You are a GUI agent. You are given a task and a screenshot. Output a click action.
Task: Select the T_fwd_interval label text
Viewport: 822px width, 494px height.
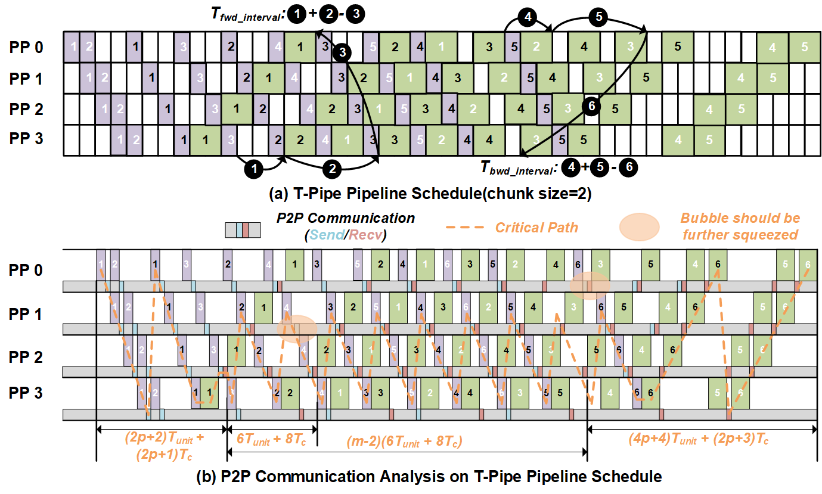coord(244,17)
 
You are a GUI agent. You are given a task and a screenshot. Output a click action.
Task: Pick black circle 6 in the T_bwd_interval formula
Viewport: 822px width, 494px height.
coord(628,169)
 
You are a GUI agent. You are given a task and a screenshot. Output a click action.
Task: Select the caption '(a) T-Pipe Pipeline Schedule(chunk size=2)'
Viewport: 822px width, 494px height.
coord(411,194)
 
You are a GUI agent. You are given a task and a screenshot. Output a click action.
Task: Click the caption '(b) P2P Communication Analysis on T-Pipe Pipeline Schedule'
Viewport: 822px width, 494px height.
coord(411,477)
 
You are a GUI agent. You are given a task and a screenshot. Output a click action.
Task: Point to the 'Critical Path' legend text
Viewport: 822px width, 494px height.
coord(537,228)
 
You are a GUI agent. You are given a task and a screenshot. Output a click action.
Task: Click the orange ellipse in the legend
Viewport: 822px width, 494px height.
coord(639,228)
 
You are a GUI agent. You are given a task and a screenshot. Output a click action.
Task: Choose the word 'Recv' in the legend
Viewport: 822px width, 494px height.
coord(367,235)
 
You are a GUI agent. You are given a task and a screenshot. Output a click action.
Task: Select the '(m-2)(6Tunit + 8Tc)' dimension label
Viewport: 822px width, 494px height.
coord(405,442)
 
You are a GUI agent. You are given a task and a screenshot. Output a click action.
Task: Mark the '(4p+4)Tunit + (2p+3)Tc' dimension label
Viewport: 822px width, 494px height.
coord(699,439)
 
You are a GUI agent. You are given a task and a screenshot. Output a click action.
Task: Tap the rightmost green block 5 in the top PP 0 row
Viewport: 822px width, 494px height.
coord(805,46)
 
